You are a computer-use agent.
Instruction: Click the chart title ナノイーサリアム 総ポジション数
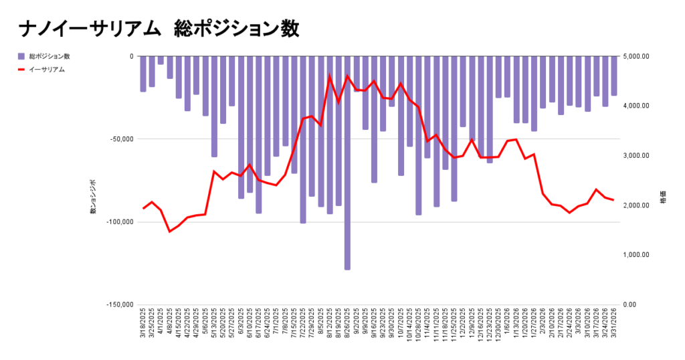point(159,29)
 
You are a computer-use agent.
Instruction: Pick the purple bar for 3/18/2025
point(143,74)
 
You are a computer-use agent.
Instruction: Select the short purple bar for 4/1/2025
point(161,60)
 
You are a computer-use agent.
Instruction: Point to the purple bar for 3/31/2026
point(613,76)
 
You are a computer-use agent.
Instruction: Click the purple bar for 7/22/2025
point(302,139)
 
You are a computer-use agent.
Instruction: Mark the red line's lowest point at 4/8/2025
point(170,232)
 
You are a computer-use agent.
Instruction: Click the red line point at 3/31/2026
point(613,200)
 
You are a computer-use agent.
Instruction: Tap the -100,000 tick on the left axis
point(120,221)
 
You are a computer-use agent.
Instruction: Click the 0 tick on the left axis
point(131,56)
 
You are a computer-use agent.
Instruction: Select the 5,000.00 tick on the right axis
point(636,56)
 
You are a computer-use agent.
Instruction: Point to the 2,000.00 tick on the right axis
point(636,205)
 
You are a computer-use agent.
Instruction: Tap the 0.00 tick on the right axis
point(631,304)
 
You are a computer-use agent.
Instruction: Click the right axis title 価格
point(664,200)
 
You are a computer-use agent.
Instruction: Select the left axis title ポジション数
point(93,197)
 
